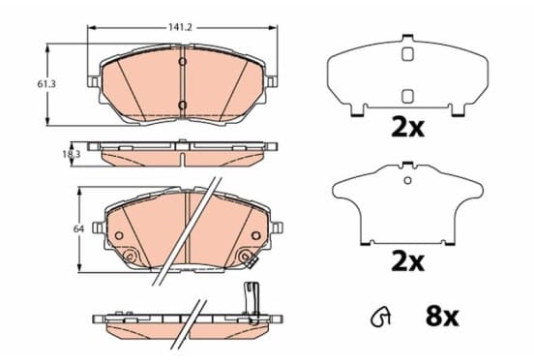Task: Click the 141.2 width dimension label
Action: click(x=180, y=27)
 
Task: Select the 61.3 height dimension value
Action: click(x=46, y=84)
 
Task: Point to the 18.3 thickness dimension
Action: click(x=72, y=154)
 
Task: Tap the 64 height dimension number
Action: click(x=78, y=228)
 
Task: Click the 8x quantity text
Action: click(x=442, y=317)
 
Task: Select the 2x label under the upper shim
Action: click(x=407, y=128)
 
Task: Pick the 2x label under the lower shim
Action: click(x=407, y=262)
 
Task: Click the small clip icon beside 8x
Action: click(x=380, y=318)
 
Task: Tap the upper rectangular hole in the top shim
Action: click(x=407, y=54)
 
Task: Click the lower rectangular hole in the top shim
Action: click(x=407, y=96)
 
